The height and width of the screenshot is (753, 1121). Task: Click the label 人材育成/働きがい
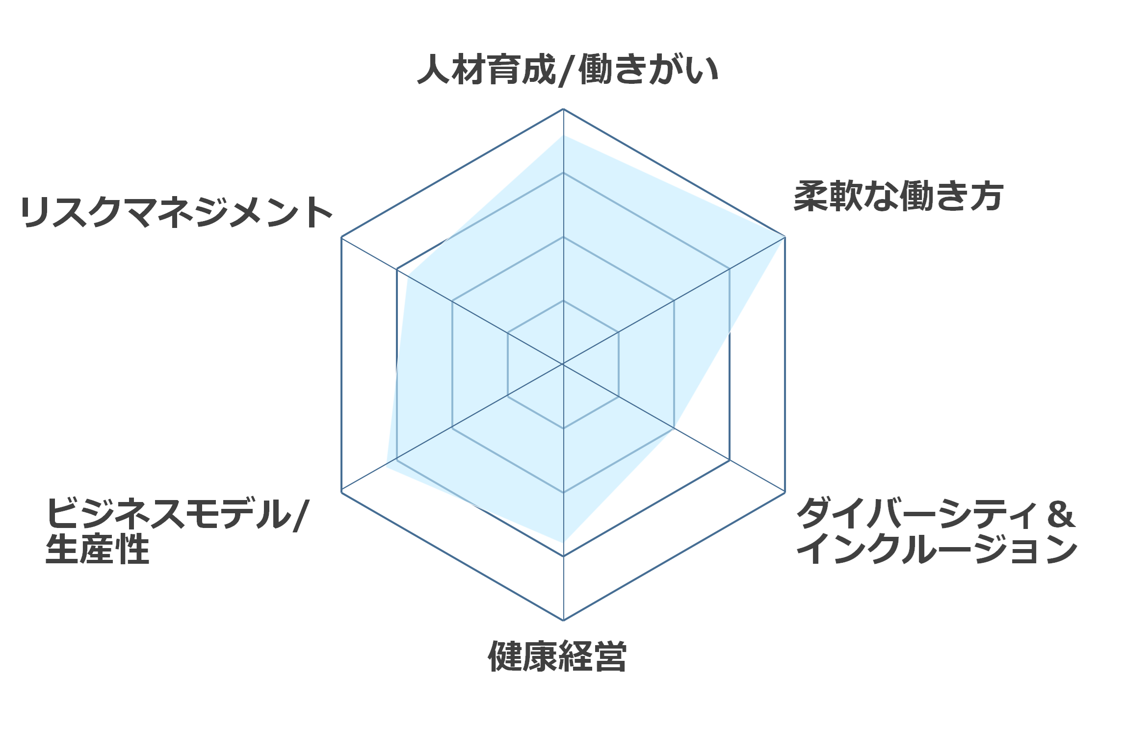point(568,70)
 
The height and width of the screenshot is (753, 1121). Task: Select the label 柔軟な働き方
point(899,196)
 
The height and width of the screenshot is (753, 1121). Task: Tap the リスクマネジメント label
point(177,212)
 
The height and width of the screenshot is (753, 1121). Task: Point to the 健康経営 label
point(557,656)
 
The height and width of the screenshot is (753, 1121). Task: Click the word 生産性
point(97,549)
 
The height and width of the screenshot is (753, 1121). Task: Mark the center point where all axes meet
point(563,364)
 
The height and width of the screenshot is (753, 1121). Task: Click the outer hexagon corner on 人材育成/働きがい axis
point(563,109)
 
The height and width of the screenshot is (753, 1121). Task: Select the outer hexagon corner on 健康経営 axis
point(563,620)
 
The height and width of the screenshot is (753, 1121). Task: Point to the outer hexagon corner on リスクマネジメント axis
point(341,237)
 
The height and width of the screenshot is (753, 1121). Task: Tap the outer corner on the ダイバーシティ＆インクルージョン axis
point(785,492)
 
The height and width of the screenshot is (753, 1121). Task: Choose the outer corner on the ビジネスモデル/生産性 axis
point(341,492)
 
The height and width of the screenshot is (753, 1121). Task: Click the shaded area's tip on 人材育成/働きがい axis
point(563,135)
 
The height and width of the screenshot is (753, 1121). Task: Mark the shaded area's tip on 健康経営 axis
point(563,542)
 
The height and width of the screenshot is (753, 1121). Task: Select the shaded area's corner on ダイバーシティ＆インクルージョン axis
point(674,428)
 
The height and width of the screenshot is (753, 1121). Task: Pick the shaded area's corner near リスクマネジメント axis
point(408,276)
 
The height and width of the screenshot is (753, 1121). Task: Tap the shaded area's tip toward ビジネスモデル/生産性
point(386,466)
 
